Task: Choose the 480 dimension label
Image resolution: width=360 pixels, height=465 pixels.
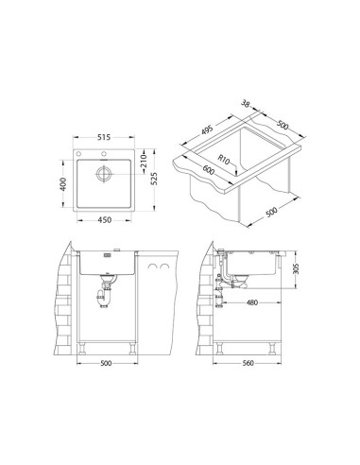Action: click(x=251, y=302)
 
